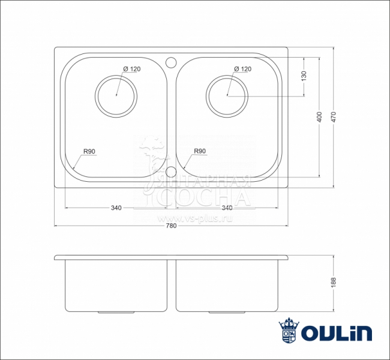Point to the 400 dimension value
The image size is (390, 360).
319,117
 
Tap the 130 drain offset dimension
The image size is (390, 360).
304,76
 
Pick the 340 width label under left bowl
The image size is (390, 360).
116,208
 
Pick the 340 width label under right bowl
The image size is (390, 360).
227,208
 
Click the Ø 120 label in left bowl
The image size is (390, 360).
131,69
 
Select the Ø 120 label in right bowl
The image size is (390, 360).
242,69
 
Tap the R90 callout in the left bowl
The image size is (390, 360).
90,151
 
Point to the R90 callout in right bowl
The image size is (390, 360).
200,151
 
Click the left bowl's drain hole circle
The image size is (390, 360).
116,95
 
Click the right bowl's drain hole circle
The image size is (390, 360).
227,95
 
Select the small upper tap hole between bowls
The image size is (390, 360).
171,61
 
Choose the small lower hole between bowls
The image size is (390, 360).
171,172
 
